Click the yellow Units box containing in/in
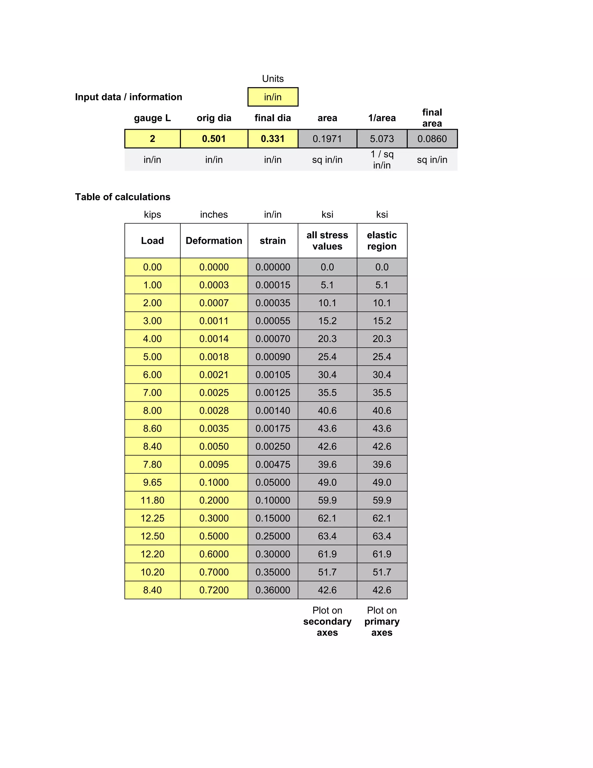pos(272,97)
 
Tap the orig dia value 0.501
pos(214,139)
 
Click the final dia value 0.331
pos(272,139)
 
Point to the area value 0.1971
pos(327,139)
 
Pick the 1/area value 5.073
pos(382,139)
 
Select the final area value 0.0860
pos(432,139)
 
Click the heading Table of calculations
pos(122,197)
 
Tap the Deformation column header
pos(214,241)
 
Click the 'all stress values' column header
pos(327,241)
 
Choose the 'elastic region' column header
pos(382,241)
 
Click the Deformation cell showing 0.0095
pos(214,464)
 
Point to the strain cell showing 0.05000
pos(272,482)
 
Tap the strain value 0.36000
pos(272,590)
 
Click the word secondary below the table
pos(327,621)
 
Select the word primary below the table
pos(382,621)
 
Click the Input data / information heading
pos(128,97)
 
